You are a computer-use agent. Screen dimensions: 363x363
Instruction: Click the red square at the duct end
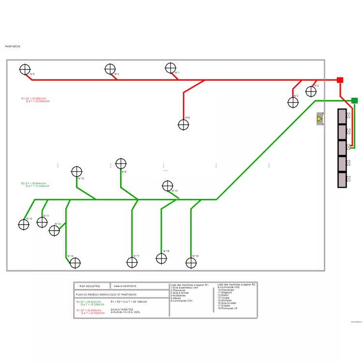[x=340, y=80]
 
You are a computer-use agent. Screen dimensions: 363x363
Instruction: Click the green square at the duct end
[x=354, y=101]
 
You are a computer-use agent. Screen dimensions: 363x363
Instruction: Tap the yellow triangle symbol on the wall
[x=319, y=119]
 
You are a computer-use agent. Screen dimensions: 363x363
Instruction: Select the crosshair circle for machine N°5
[x=25, y=70]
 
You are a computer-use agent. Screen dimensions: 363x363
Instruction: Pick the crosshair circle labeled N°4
[x=110, y=70]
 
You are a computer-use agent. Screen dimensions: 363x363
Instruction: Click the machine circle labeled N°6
[x=183, y=125]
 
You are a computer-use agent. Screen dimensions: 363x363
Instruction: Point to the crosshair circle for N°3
[x=293, y=102]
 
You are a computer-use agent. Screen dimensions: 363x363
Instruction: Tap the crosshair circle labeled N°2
[x=311, y=91]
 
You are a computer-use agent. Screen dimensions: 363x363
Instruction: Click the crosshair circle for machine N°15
[x=167, y=186]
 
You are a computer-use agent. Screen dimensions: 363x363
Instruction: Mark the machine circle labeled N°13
[x=24, y=225]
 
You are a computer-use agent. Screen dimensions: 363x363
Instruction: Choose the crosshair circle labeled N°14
[x=75, y=263]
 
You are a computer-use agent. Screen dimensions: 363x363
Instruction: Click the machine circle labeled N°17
[x=132, y=263]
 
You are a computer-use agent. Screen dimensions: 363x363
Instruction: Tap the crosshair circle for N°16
[x=191, y=263]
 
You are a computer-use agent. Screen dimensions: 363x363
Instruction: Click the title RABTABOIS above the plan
[x=13, y=46]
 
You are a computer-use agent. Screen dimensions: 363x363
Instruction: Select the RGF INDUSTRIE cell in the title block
[x=91, y=286]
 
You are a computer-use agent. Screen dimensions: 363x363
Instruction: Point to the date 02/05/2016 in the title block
[x=125, y=286]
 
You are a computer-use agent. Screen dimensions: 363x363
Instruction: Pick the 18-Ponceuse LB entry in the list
[x=227, y=308]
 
